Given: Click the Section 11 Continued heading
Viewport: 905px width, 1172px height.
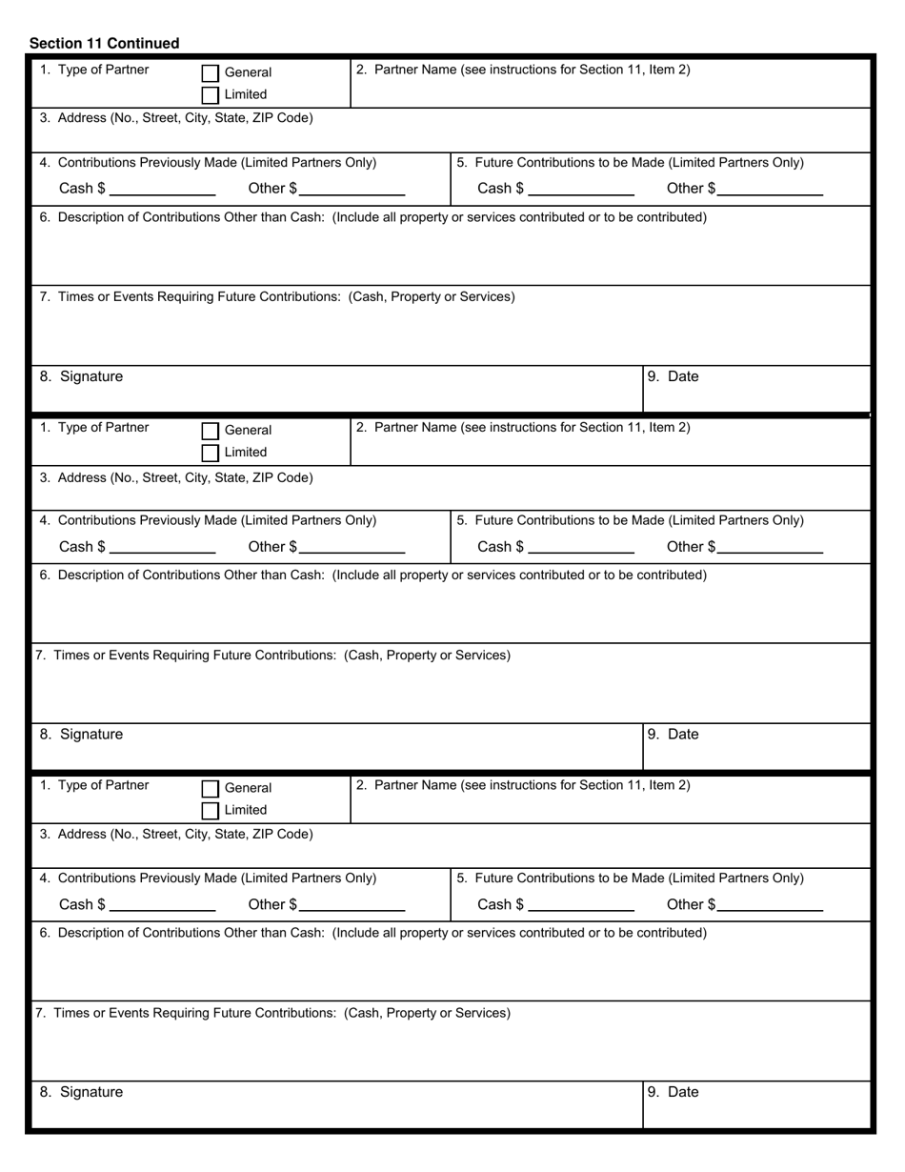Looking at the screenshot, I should point(104,43).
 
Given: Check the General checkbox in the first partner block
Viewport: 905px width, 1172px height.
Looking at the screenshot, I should point(211,73).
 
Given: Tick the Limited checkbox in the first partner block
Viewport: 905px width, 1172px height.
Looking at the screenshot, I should point(211,95).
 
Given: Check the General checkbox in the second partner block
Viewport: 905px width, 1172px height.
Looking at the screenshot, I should point(211,432).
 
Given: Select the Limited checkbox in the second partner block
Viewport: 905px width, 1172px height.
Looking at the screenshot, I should point(211,454).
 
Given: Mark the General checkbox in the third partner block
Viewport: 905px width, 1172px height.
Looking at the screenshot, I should point(211,789).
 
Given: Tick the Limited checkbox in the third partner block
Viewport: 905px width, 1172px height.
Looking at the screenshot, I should point(211,811).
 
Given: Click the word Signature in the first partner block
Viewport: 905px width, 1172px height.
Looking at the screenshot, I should point(90,376).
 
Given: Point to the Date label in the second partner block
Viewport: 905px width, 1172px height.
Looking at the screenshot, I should point(683,735).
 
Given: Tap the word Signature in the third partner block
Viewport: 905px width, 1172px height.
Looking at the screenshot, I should point(90,1092).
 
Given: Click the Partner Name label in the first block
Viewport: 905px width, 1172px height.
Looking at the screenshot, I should point(523,70).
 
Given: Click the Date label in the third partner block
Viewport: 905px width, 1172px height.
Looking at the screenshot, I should point(683,1092).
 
